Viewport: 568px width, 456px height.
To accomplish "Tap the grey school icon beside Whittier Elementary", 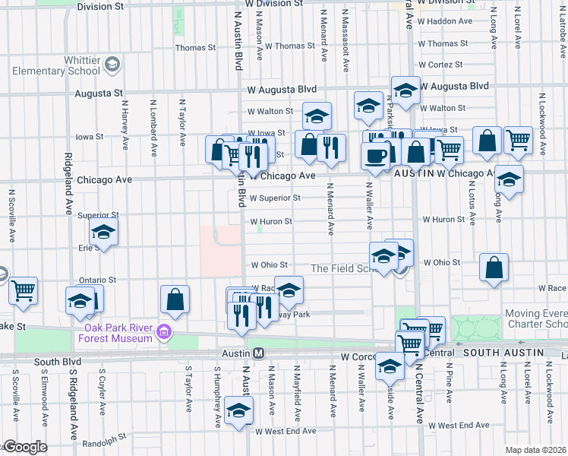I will click(x=112, y=64).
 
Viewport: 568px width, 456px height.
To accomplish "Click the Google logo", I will click(x=24, y=447).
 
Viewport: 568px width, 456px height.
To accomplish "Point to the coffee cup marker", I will click(x=375, y=155).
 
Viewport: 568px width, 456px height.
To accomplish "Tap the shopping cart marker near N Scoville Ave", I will click(x=24, y=290).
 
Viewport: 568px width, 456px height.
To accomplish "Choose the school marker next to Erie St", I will click(x=103, y=233).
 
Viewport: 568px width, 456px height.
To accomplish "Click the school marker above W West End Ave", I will click(x=239, y=411).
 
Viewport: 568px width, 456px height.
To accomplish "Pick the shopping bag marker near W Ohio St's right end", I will click(x=494, y=268).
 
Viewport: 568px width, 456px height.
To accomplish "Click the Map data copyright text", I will click(x=536, y=450).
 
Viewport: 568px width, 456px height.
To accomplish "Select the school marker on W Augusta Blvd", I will click(x=405, y=90).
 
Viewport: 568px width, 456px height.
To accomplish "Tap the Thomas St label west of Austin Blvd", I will click(x=195, y=47).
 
